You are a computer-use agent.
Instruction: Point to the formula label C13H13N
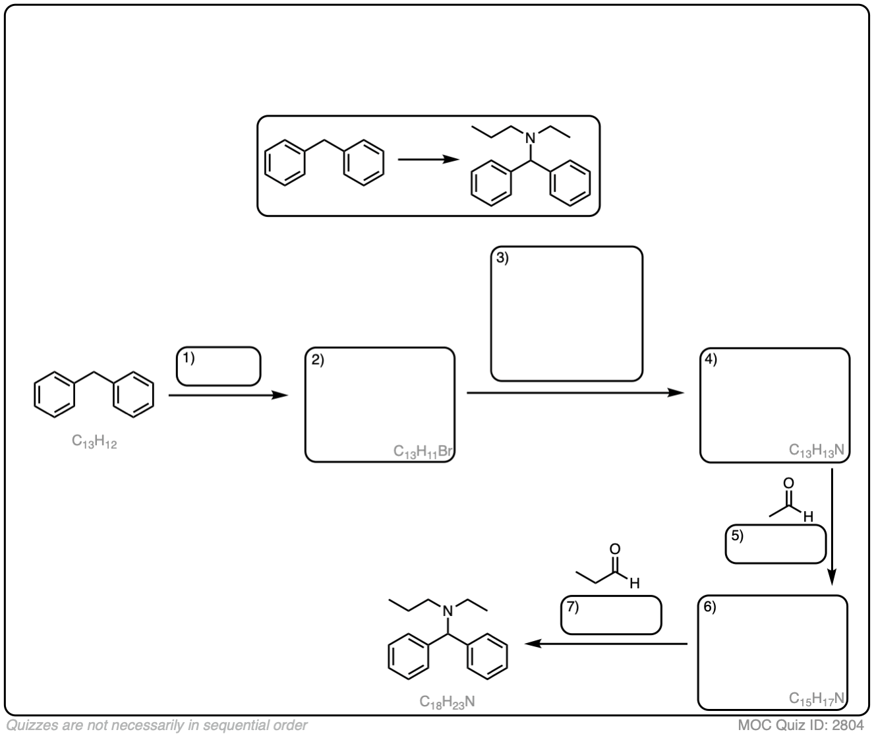(x=816, y=450)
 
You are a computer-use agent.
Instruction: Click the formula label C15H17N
(x=816, y=698)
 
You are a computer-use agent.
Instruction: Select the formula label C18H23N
(x=447, y=702)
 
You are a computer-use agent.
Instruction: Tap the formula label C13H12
(x=94, y=441)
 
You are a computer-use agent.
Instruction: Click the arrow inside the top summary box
(x=428, y=159)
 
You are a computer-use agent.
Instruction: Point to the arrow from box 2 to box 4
(x=575, y=392)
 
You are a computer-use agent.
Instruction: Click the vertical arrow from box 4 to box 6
(x=832, y=526)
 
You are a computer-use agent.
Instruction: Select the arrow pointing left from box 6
(x=606, y=644)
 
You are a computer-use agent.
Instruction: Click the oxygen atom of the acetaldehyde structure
(x=788, y=483)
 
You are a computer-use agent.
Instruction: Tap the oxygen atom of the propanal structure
(x=615, y=549)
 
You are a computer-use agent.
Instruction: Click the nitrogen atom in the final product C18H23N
(x=448, y=611)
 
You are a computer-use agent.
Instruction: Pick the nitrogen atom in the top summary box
(x=531, y=138)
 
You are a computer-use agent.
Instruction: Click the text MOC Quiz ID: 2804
(x=801, y=725)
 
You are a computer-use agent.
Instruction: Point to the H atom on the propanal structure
(x=635, y=583)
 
